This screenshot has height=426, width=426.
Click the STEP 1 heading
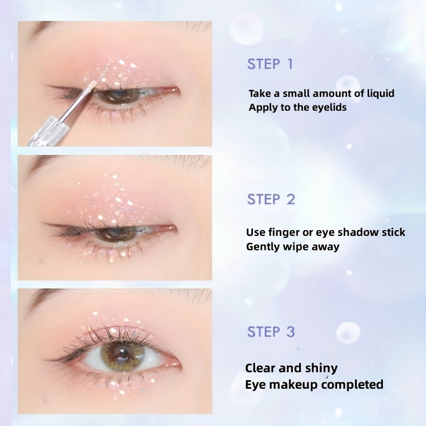point(270,64)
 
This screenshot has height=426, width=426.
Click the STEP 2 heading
point(271,200)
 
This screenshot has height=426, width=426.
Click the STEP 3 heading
point(271,332)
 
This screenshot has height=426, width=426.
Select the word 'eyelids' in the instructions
point(329,107)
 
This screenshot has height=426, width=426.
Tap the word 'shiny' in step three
point(320,368)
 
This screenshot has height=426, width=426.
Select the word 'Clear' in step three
point(261,368)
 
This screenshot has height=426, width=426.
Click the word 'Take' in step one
point(259,94)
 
